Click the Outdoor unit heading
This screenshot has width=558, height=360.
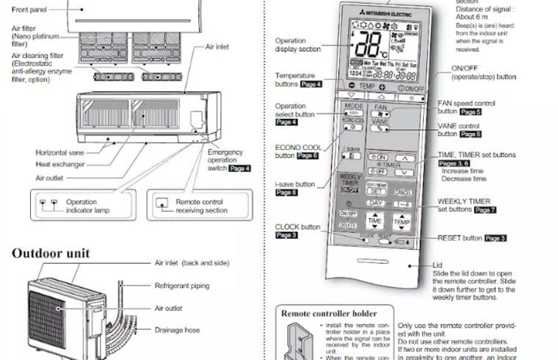[x=51, y=253]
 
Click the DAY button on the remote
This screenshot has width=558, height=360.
[x=377, y=203]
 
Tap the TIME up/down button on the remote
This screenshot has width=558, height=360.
[x=375, y=220]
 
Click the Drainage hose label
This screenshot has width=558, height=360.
[x=177, y=330]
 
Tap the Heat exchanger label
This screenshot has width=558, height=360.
[x=60, y=165]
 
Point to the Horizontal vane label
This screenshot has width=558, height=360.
[x=62, y=153]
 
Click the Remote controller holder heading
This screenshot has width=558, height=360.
[x=330, y=312]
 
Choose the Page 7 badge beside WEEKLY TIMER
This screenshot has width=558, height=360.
[x=485, y=210]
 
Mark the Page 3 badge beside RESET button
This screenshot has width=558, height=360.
[x=496, y=239]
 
